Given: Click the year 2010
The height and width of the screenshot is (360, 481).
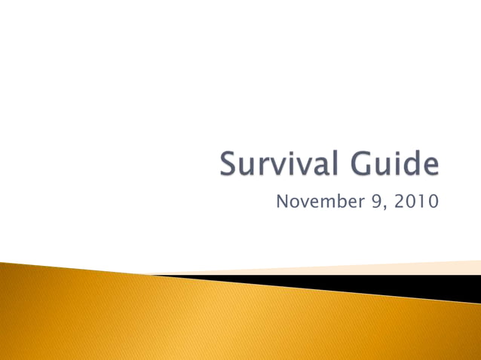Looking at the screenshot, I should (414, 202).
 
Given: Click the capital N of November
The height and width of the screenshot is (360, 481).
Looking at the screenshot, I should (282, 202).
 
